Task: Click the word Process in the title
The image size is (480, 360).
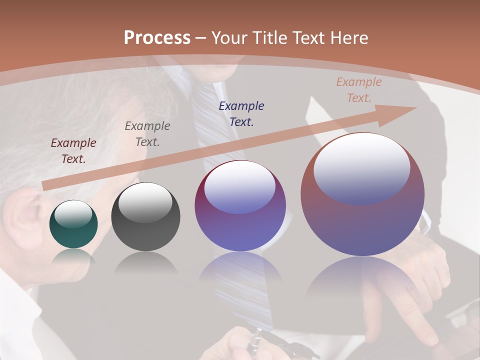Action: click(157, 38)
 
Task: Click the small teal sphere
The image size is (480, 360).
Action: click(73, 224)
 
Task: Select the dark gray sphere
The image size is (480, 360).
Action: click(145, 217)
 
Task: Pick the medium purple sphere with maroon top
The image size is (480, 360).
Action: click(240, 206)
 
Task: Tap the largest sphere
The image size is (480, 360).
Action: click(362, 194)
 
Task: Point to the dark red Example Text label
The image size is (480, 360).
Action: click(73, 151)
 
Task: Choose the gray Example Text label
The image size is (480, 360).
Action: click(147, 134)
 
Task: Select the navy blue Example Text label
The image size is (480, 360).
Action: click(241, 113)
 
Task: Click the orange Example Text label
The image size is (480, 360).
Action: click(358, 90)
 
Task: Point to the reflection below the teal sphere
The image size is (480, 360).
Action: click(73, 257)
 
